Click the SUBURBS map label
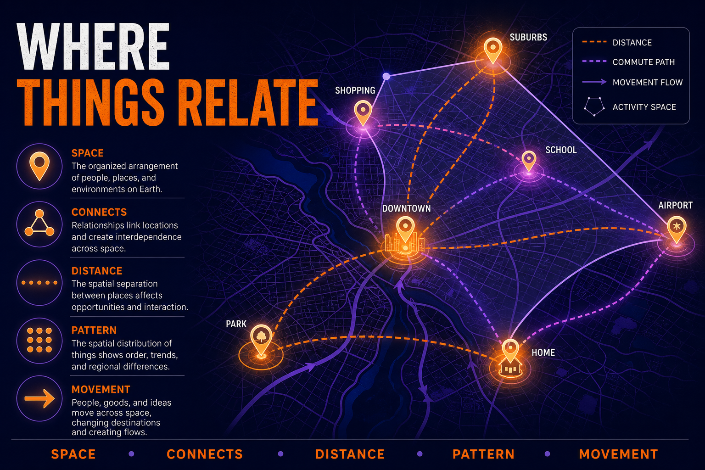click(x=528, y=38)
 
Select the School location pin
click(x=529, y=161)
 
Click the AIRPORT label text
click(x=676, y=206)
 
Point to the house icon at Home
click(x=510, y=368)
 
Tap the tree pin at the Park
click(x=261, y=340)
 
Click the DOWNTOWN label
click(x=406, y=208)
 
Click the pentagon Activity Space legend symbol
click(x=594, y=107)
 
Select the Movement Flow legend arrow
click(x=594, y=82)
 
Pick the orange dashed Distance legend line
click(x=594, y=42)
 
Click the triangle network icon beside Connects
click(x=39, y=223)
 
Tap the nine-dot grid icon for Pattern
click(x=39, y=340)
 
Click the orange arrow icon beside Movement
click(x=39, y=398)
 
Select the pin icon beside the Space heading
click(x=39, y=166)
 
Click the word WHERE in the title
click(x=94, y=46)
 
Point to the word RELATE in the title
click(x=251, y=102)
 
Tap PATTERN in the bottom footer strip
click(x=483, y=454)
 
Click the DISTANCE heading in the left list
click(x=97, y=271)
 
